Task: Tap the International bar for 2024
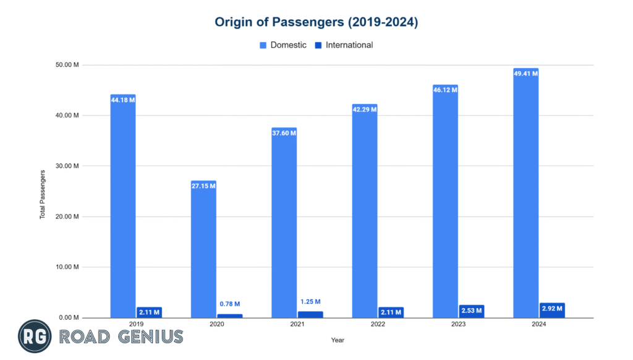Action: tap(552, 311)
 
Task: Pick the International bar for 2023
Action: tap(472, 312)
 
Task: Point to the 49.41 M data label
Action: tap(525, 74)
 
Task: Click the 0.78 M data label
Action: tap(229, 304)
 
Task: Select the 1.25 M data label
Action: tap(310, 301)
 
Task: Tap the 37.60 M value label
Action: tap(284, 133)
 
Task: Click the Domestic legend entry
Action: tap(283, 45)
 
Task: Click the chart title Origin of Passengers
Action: tap(316, 22)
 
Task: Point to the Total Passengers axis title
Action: tap(43, 195)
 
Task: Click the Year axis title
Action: tap(338, 340)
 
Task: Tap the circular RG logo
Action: tap(35, 337)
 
